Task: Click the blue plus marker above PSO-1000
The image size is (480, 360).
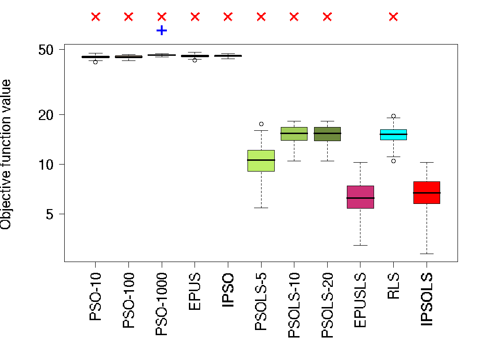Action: [x=162, y=30]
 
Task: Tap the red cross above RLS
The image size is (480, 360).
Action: [x=393, y=17]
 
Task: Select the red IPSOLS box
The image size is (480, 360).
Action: [x=427, y=192]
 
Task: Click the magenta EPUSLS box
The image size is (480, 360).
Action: [x=360, y=197]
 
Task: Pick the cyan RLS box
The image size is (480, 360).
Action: [x=393, y=135]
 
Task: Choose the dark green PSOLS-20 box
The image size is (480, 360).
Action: [x=327, y=134]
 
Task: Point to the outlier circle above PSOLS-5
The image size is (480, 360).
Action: [x=261, y=124]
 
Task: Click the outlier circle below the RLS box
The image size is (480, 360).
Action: [x=393, y=161]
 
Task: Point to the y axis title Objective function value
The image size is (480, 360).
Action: [x=6, y=155]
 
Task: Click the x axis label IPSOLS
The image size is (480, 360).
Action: [x=427, y=300]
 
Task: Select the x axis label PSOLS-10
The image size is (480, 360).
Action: [x=294, y=305]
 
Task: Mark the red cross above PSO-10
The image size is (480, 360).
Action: [x=96, y=17]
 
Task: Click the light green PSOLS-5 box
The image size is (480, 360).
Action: [x=261, y=161]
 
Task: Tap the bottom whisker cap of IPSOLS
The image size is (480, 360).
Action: [x=427, y=254]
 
